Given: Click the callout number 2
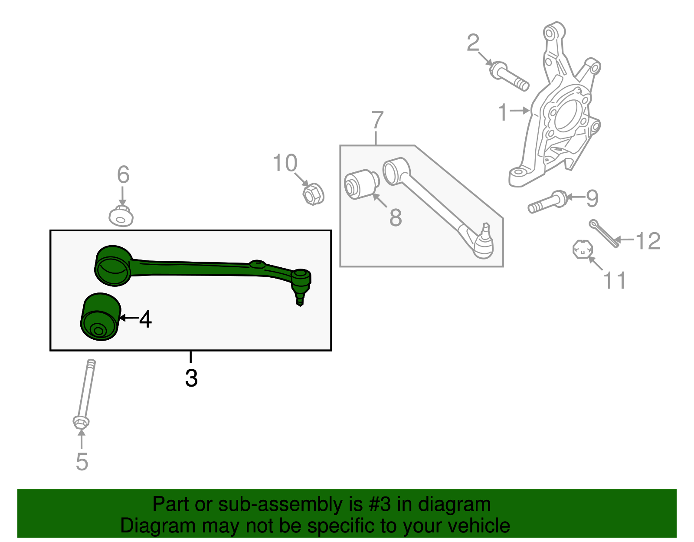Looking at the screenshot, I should pyautogui.click(x=473, y=43).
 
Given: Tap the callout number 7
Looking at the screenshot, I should pyautogui.click(x=377, y=120).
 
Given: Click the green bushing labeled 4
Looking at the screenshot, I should pyautogui.click(x=100, y=317).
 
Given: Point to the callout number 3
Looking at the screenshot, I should pyautogui.click(x=191, y=378).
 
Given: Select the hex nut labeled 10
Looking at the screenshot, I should pyautogui.click(x=313, y=194).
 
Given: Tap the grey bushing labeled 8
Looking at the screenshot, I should pyautogui.click(x=361, y=184).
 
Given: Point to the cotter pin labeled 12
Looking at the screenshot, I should pyautogui.click(x=603, y=234).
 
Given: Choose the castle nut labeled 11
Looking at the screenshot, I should pyautogui.click(x=582, y=250).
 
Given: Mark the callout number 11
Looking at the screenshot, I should pyautogui.click(x=615, y=280).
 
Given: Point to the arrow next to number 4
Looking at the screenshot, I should pyautogui.click(x=128, y=318).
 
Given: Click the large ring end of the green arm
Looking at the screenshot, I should pyautogui.click(x=112, y=266).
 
